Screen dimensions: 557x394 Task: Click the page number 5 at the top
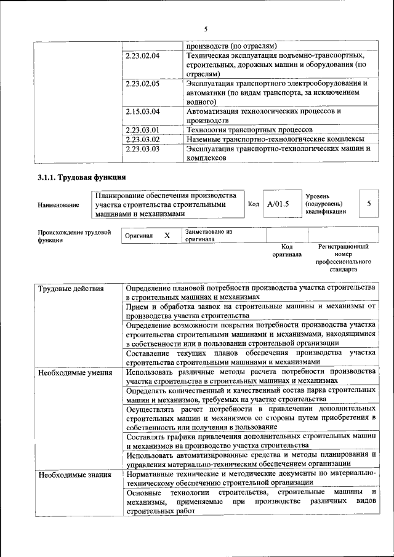206,29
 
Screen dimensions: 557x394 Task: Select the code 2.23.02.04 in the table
142,56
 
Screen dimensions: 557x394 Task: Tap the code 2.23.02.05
142,83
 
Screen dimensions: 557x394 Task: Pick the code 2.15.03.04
142,111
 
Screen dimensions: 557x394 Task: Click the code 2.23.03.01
142,130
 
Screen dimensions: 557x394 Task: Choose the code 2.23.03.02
142,139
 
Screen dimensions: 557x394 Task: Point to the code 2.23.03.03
142,148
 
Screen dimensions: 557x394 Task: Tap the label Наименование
58,205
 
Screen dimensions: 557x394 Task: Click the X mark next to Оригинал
167,236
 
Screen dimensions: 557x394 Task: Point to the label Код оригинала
286,250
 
